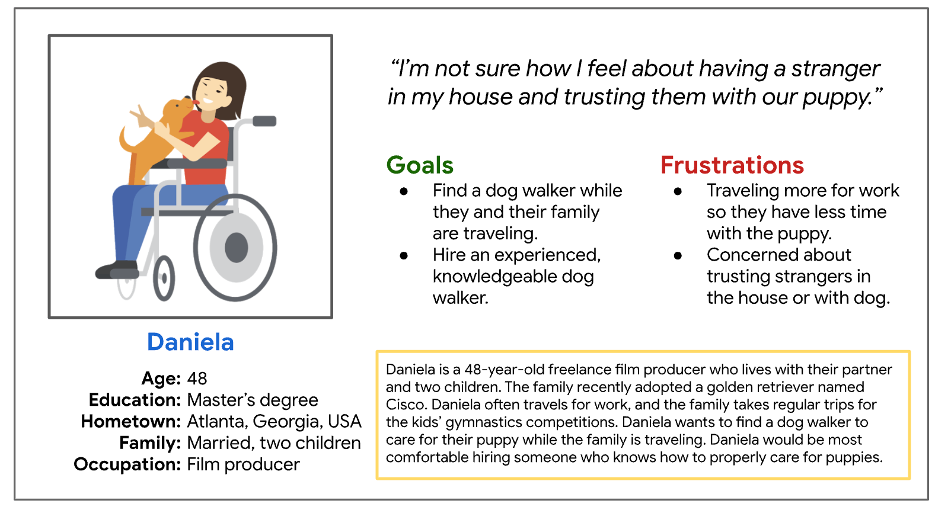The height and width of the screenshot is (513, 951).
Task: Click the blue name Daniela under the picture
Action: [x=190, y=342]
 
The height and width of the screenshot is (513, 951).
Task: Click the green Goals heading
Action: [x=420, y=165]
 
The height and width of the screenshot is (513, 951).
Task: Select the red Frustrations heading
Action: [x=732, y=165]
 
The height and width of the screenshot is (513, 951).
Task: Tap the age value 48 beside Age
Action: [x=197, y=379]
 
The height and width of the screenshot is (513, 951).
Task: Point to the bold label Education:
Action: [x=135, y=400]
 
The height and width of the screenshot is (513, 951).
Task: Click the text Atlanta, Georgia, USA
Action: [x=275, y=421]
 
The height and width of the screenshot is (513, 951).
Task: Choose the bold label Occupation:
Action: [x=127, y=464]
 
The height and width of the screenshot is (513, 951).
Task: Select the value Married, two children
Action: [x=274, y=443]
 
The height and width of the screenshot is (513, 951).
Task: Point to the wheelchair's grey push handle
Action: [x=264, y=121]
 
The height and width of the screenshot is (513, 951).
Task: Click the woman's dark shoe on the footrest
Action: [x=117, y=270]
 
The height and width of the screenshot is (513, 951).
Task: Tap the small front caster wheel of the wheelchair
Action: [x=164, y=278]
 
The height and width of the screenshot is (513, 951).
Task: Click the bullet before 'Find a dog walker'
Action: [x=404, y=191]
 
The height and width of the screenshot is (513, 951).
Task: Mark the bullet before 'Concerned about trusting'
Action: [x=678, y=255]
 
